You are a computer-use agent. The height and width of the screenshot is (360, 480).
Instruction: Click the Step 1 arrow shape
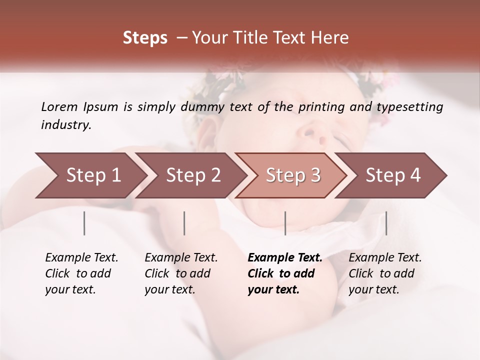pos(90,175)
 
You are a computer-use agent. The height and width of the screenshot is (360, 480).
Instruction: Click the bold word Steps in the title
pos(145,38)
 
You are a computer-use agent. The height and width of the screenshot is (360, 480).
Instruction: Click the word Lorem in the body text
pos(59,106)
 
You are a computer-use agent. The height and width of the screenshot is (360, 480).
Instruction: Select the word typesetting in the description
pos(409,107)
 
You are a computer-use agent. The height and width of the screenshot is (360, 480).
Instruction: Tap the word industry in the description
pos(65,124)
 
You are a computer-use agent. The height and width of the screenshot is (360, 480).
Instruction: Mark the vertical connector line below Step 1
pos(84,223)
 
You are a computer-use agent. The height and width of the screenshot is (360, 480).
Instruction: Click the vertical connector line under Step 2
pos(184,223)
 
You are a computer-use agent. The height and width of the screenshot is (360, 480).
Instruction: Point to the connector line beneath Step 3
pos(285,223)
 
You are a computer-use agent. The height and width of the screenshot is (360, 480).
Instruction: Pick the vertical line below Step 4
pos(386,223)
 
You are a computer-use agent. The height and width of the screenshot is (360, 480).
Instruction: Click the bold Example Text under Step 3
pos(285,258)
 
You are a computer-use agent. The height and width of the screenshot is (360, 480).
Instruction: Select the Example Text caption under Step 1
pos(81,258)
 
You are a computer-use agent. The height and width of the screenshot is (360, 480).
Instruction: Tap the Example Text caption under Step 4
pos(385,258)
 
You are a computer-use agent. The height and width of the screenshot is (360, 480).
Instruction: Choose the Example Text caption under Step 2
pos(181,258)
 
